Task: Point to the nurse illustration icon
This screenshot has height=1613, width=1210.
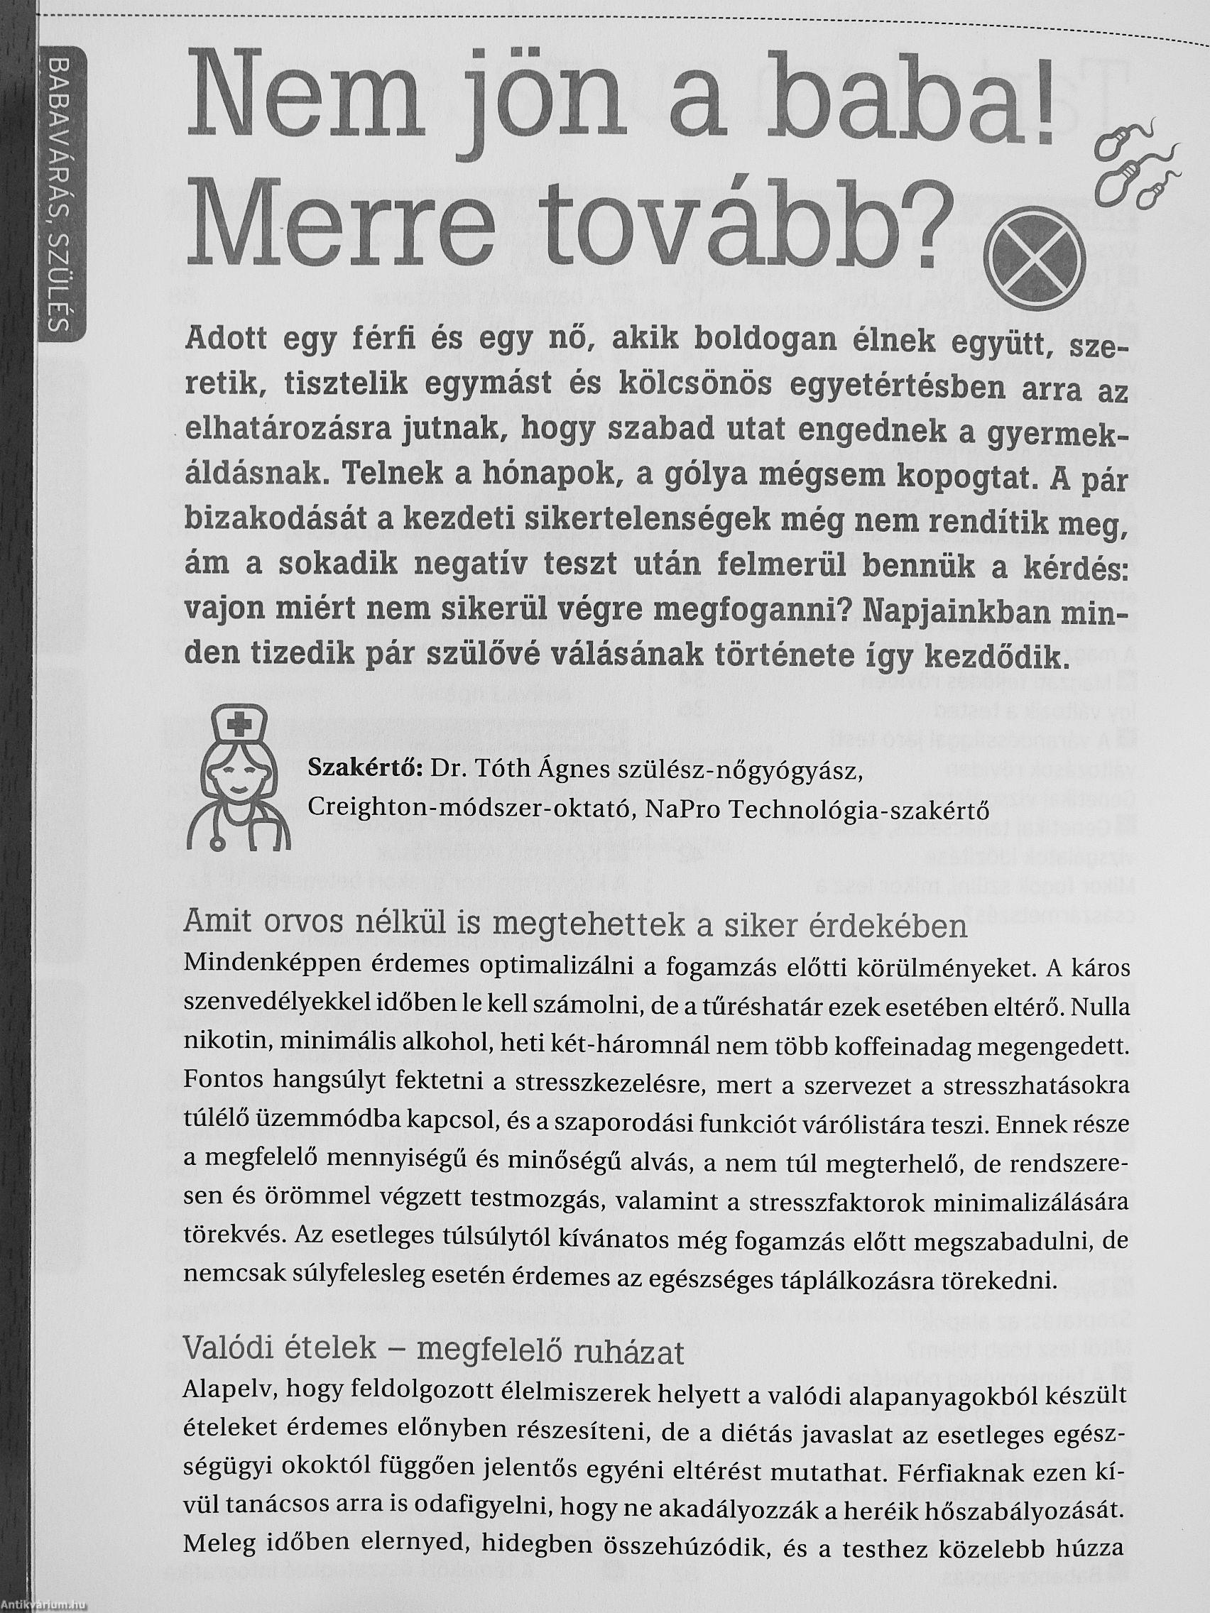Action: click(x=239, y=780)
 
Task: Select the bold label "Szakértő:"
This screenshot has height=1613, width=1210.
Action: click(x=364, y=769)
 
